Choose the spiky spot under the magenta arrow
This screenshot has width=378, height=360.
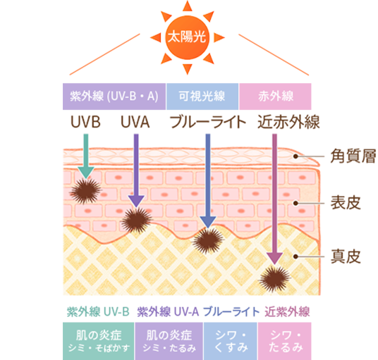pos(274,277)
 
